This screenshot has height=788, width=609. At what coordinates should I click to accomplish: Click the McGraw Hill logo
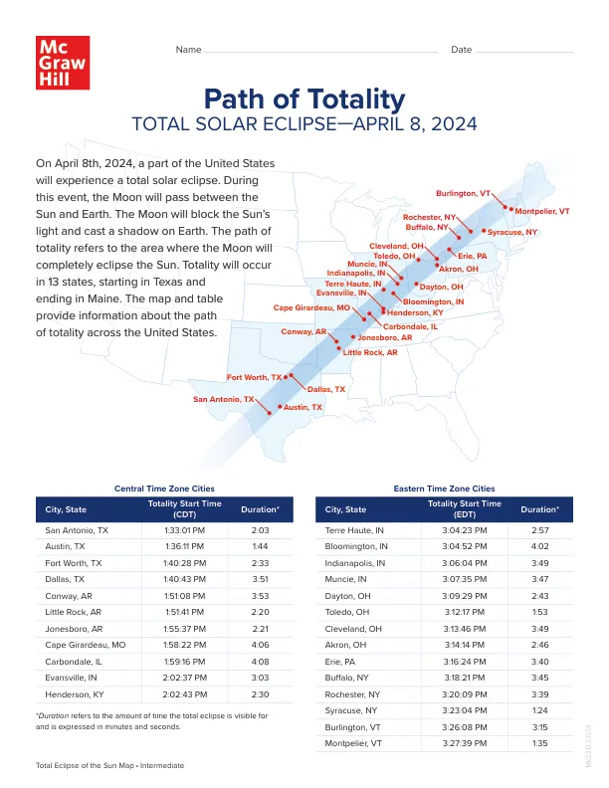click(x=61, y=64)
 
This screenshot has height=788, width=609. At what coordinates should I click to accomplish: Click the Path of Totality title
click(x=304, y=99)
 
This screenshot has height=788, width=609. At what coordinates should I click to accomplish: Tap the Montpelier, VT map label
click(x=542, y=212)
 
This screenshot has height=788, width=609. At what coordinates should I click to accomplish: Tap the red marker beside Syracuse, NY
click(x=484, y=232)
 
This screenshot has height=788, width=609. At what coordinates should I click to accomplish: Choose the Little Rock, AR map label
click(x=370, y=352)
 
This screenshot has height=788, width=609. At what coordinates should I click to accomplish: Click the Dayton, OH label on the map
click(x=442, y=288)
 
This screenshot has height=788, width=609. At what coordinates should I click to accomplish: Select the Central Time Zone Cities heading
click(x=164, y=489)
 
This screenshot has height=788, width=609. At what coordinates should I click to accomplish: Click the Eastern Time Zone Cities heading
click(x=444, y=489)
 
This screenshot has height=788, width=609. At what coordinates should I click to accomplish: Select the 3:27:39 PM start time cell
click(x=464, y=741)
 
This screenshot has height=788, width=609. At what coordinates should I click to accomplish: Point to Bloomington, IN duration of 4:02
click(x=539, y=547)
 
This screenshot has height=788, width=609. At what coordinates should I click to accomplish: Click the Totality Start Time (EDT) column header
click(x=464, y=509)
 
